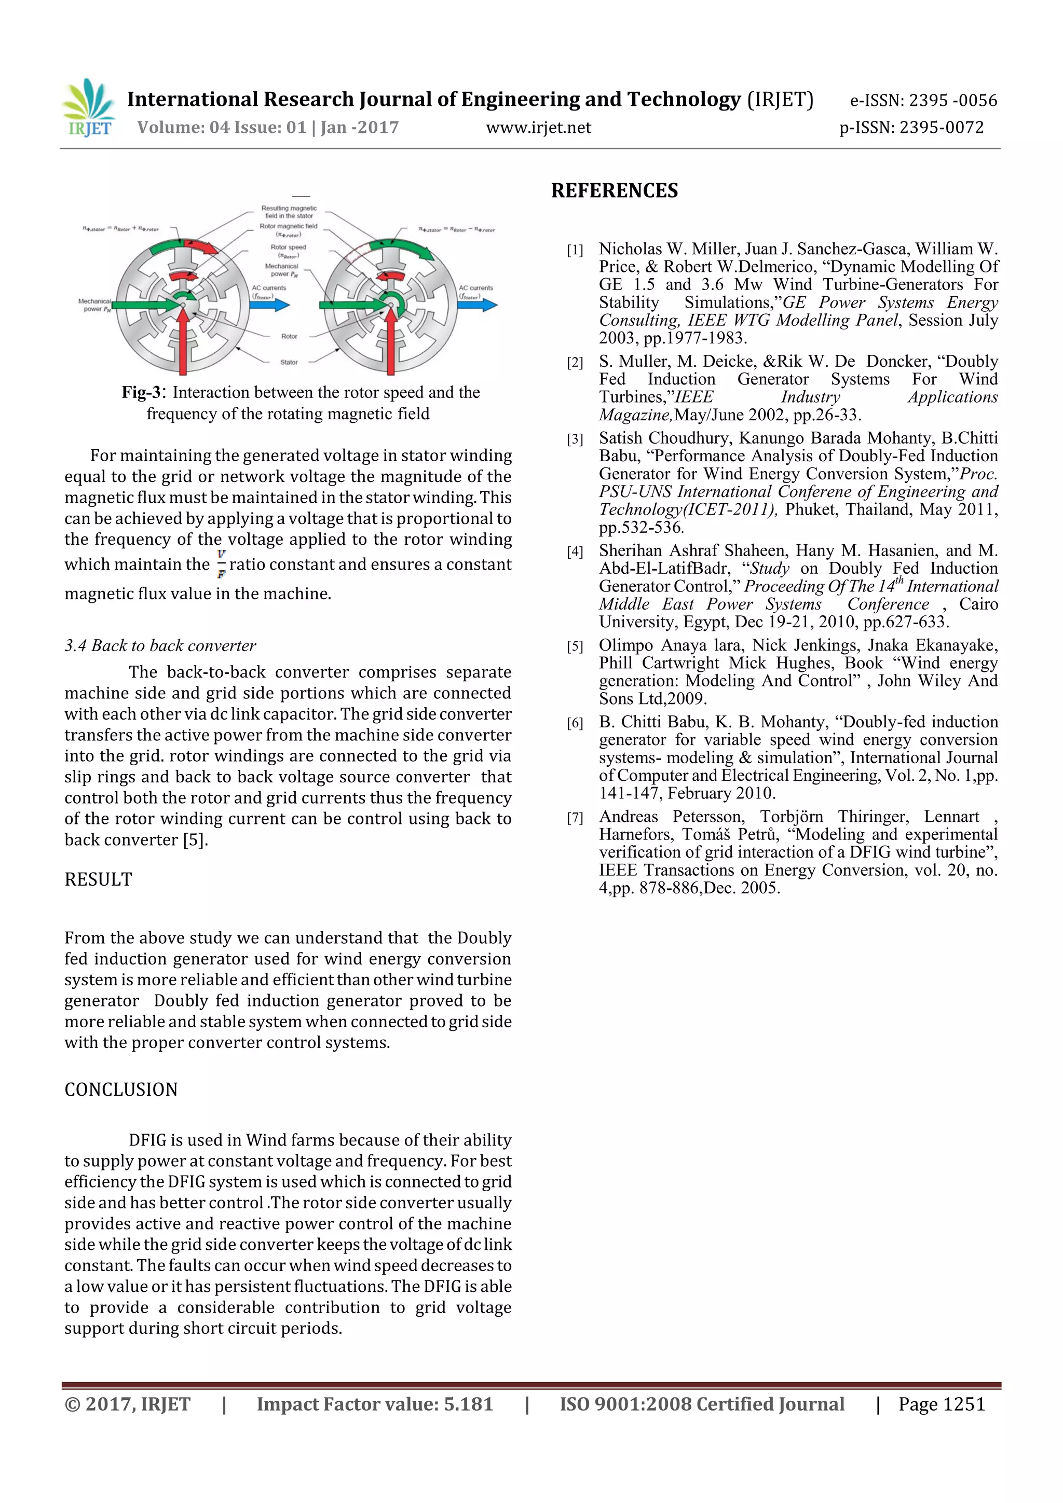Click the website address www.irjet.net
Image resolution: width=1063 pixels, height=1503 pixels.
coord(538,128)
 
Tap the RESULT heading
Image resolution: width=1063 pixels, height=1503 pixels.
coord(98,879)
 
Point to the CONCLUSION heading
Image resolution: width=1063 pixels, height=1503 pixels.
coord(121,1090)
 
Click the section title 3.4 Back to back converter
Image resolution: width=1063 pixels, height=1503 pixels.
coord(160,645)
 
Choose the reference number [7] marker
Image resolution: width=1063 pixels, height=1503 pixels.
coord(575,818)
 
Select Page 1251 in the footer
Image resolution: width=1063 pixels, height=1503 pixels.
coord(941,1404)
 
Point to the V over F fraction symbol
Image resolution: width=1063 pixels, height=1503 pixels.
coord(222,563)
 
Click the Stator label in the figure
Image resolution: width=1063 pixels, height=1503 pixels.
coord(289,362)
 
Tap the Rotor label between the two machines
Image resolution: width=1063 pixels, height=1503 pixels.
coord(289,337)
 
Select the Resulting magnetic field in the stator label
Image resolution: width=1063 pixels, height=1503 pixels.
coord(289,212)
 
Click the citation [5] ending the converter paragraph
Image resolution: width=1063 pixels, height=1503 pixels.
coord(195,840)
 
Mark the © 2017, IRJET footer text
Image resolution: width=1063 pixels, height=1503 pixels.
coord(127,1404)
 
